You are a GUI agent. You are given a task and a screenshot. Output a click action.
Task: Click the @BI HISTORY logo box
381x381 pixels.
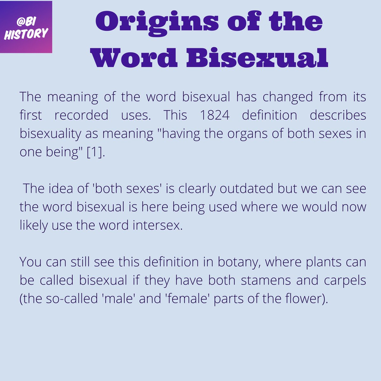[x=26, y=27]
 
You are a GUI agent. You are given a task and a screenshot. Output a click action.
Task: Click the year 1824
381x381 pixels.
[x=215, y=115]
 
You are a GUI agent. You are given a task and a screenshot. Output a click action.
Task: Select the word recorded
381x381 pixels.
[x=81, y=115]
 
